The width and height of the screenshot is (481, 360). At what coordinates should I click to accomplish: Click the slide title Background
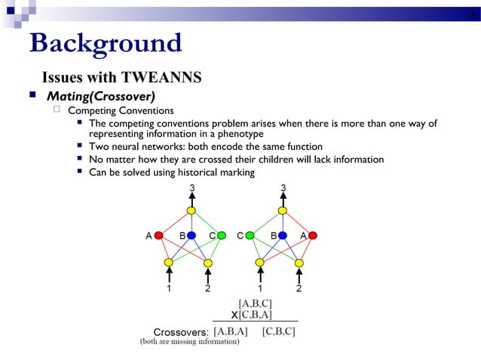point(105,43)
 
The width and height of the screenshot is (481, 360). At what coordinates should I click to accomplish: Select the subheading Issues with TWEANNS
point(121,78)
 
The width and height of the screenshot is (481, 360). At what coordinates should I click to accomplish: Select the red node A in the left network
point(159,235)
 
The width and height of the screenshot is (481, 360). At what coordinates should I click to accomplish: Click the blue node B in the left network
point(191,235)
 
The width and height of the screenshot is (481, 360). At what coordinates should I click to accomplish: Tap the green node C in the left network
point(222,235)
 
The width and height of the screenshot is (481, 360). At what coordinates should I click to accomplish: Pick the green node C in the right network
point(250,235)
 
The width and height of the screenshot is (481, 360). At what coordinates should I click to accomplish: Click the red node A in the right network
point(312,235)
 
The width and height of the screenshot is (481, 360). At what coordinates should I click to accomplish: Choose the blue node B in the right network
point(282,235)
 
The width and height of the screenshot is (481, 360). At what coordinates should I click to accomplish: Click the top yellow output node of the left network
point(191,210)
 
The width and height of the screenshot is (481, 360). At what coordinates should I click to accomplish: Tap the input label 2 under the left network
point(207,288)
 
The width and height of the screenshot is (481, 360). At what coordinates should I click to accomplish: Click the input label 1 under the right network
point(260,288)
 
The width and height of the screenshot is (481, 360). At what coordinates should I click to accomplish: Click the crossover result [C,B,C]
point(278,331)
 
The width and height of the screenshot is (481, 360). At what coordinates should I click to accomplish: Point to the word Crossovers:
point(181,331)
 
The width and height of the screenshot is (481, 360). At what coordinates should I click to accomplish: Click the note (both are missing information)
point(190,342)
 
